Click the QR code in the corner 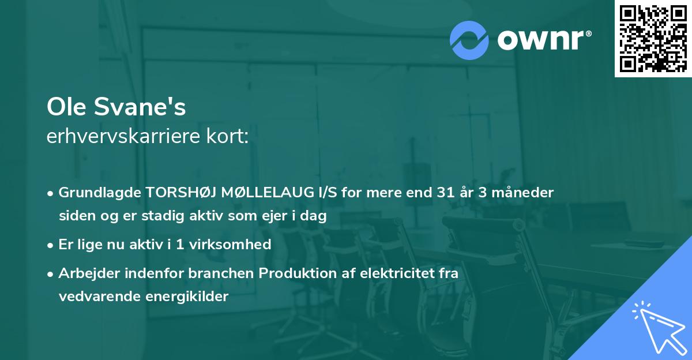tap(653, 39)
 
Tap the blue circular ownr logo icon tap(469, 40)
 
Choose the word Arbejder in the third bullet tap(86, 273)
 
